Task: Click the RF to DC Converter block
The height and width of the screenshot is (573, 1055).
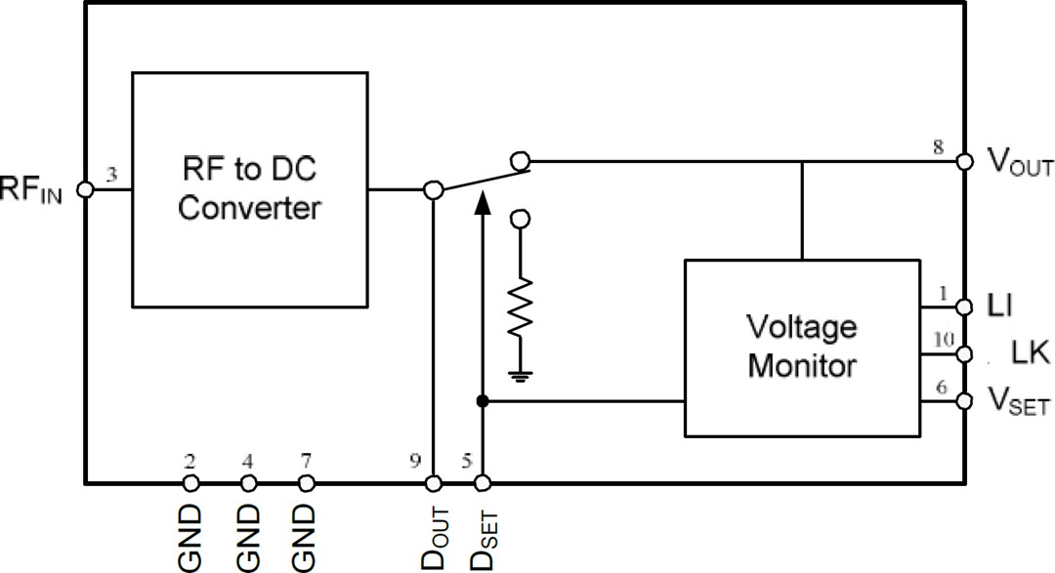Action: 249,189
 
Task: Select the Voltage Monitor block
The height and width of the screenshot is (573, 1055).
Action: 801,348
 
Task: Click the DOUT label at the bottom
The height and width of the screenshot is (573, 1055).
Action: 435,538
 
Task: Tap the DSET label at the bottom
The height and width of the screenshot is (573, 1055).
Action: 483,538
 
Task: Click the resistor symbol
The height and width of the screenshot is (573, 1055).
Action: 521,308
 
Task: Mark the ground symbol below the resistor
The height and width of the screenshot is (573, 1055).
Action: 521,373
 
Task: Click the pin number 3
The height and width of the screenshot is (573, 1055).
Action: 111,176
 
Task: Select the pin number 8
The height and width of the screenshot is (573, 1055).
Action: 939,146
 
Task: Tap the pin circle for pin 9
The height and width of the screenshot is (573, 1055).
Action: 434,483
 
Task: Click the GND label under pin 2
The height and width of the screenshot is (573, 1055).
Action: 190,538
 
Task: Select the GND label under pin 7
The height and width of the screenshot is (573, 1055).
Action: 306,538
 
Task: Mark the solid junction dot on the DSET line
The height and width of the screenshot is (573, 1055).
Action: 481,401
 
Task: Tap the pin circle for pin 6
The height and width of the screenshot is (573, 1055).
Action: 965,401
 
